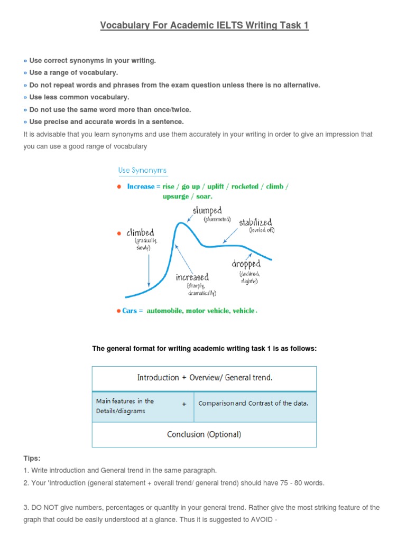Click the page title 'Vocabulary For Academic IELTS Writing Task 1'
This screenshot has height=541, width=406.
pos(204,26)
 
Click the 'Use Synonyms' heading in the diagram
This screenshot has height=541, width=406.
pos(142,170)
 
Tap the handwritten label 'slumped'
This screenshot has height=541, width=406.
pos(207,210)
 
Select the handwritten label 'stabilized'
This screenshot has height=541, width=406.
pos(256,222)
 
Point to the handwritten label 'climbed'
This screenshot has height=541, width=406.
pos(140,232)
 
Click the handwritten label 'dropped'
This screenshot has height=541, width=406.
pos(246,264)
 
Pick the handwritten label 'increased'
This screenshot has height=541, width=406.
pos(192,277)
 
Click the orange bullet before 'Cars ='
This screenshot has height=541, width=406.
pos(119,311)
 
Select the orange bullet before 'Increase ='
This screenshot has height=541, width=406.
pos(119,186)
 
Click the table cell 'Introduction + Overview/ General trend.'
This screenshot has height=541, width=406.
pos(205,378)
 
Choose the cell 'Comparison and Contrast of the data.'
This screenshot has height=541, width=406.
pos(253,403)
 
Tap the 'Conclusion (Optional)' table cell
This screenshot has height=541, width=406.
pos(204,434)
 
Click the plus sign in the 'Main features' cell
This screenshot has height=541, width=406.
pos(184,404)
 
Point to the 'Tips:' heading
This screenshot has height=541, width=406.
pos(32,458)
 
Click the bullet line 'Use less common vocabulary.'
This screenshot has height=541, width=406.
pos(79,97)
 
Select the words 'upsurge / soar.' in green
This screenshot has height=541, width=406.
pos(187,197)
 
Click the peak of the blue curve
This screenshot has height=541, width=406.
pos(181,223)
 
